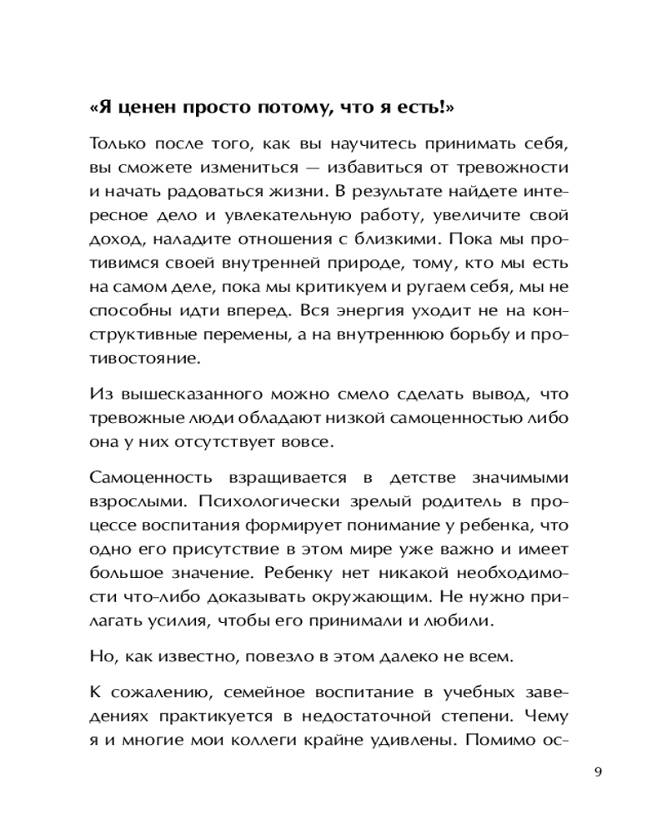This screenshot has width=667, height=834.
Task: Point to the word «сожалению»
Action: (153, 692)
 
